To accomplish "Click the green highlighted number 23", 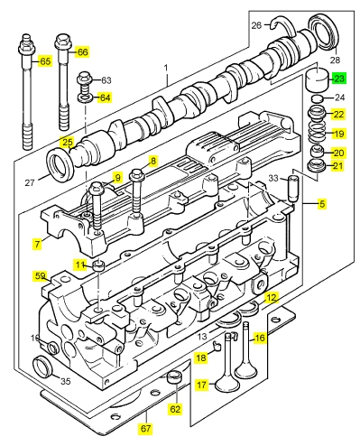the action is click(x=339, y=79).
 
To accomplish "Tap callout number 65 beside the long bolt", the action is click(x=45, y=61).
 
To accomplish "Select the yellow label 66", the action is click(x=82, y=52).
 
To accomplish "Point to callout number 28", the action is click(x=335, y=60).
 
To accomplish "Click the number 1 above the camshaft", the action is click(x=166, y=69).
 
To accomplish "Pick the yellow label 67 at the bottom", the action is click(x=145, y=428).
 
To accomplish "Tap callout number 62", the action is click(x=175, y=409).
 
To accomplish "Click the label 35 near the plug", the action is click(x=65, y=381).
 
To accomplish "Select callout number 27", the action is click(x=30, y=182).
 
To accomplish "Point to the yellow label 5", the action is click(x=322, y=204).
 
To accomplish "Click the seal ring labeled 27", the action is click(x=60, y=163).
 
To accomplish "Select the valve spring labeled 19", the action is click(x=317, y=132).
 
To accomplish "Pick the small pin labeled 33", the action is click(x=292, y=189).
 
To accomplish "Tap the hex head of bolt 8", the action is click(x=137, y=174).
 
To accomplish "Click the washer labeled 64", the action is click(x=86, y=98).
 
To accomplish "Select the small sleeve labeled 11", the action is click(x=98, y=265).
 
